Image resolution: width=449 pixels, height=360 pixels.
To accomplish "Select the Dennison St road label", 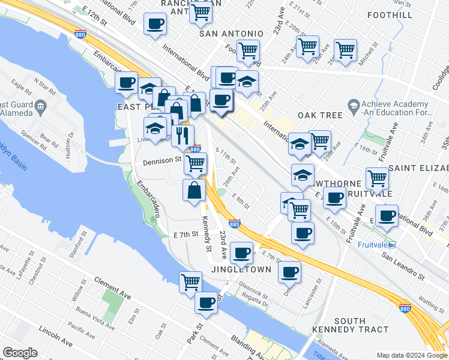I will [x=162, y=161].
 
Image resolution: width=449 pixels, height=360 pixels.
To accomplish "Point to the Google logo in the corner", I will [x=20, y=353].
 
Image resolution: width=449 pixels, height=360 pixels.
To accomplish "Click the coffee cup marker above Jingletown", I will [x=241, y=253].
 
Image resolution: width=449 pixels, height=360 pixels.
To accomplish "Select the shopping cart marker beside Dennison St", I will [x=194, y=162].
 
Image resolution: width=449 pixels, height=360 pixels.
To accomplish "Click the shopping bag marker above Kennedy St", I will [x=194, y=190].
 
